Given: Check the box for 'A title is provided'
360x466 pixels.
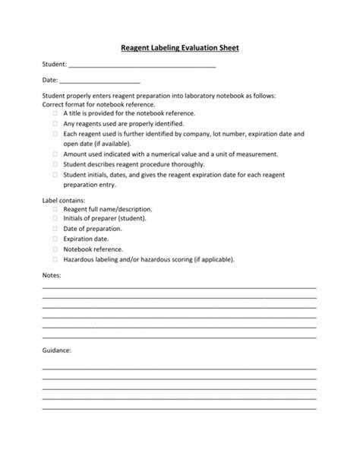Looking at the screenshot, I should click(x=55, y=113).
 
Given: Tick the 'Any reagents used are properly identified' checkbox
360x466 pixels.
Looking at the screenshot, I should click(x=55, y=123).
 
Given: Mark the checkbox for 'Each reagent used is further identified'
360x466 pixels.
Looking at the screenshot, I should click(x=55, y=133).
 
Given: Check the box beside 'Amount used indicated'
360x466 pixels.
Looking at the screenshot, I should click(x=55, y=154).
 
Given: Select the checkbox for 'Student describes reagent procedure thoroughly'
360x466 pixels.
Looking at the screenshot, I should click(x=55, y=163).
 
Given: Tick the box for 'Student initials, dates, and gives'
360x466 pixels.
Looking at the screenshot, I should click(x=55, y=174).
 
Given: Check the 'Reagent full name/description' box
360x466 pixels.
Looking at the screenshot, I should click(x=55, y=208).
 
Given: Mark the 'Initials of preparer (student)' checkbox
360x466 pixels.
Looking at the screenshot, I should click(x=55, y=218).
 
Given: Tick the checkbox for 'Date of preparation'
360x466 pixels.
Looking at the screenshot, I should click(x=55, y=228).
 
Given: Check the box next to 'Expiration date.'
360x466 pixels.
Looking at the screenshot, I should click(x=55, y=239).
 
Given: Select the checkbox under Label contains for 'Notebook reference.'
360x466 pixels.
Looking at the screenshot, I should click(x=55, y=249).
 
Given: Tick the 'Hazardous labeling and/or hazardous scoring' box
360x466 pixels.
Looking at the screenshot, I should click(x=55, y=258).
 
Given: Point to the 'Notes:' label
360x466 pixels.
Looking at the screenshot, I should click(x=52, y=274).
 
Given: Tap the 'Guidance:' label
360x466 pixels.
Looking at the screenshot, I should click(x=56, y=350).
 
